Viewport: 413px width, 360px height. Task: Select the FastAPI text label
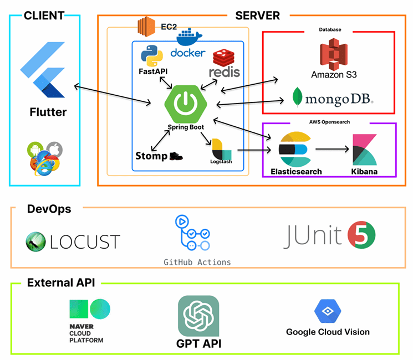154,72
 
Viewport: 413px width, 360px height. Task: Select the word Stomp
151,156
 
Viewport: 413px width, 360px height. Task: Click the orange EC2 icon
147,25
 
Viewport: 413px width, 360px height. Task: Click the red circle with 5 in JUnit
362,235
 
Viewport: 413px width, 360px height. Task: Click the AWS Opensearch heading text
329,121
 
